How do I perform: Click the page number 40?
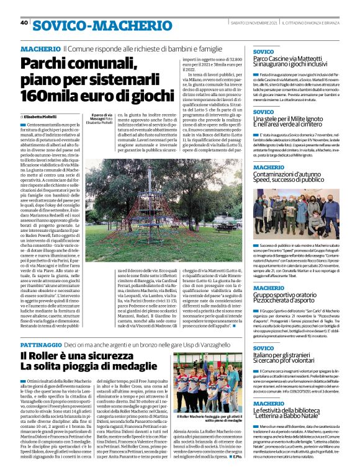pyautogui.click(x=24, y=23)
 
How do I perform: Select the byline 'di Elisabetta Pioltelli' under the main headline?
pyautogui.click(x=38, y=116)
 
